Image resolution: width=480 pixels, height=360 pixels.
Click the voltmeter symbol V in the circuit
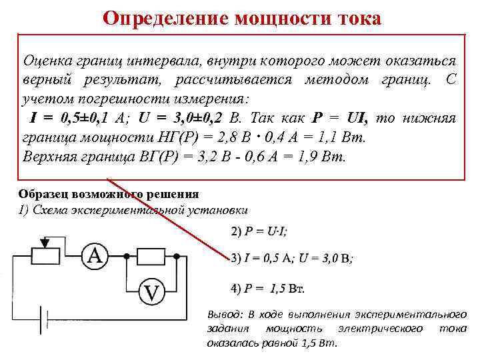(x=152, y=291)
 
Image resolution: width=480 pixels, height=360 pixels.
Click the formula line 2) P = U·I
(x=259, y=231)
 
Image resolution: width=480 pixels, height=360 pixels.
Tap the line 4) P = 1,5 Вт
(x=267, y=289)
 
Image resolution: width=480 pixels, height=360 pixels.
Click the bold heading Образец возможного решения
(x=108, y=194)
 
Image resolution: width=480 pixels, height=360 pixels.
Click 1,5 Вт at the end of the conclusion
(x=323, y=343)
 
